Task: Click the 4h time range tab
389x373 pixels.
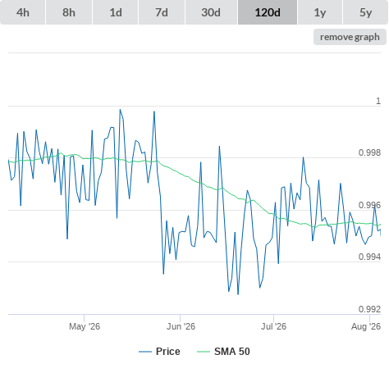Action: click(23, 12)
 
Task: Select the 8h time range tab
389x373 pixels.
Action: click(69, 12)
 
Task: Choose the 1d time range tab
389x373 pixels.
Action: click(116, 12)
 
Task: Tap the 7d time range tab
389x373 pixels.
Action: click(162, 12)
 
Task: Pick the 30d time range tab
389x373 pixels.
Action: click(211, 12)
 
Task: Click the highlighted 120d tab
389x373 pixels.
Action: click(268, 12)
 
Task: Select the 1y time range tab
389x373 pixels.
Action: click(320, 12)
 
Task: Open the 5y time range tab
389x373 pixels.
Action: click(366, 12)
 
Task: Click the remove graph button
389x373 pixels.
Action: click(350, 37)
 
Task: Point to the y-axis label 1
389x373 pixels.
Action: click(378, 101)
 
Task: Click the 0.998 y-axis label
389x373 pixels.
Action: click(369, 152)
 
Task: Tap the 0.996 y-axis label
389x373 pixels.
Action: click(369, 205)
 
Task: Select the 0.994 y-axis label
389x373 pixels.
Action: click(369, 257)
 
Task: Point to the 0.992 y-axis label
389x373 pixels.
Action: click(369, 309)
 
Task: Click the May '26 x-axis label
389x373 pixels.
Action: click(85, 326)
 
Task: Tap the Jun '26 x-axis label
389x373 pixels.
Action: click(181, 326)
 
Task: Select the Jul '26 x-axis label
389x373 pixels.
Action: click(273, 326)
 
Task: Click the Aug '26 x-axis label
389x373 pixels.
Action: click(366, 326)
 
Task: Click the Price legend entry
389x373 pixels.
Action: click(159, 352)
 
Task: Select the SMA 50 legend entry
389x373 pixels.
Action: click(223, 352)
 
